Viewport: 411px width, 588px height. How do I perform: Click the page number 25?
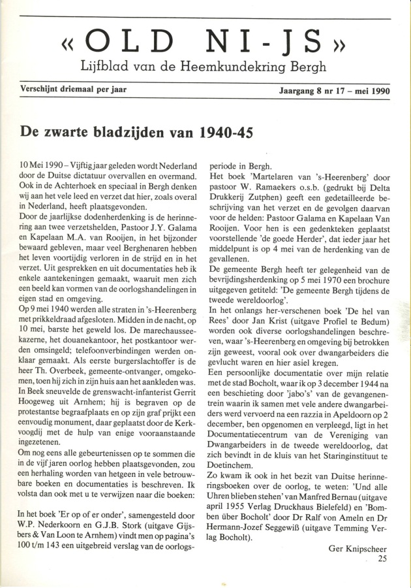pos(382,559)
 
